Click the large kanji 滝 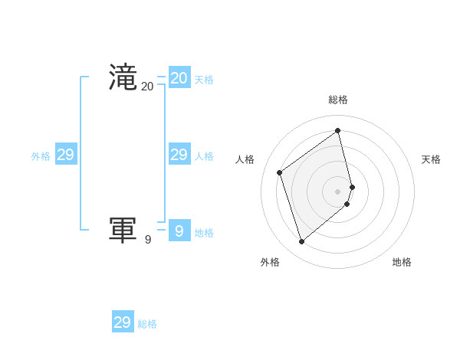click(x=123, y=78)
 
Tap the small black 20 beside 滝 click(x=147, y=87)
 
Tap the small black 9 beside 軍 click(x=148, y=240)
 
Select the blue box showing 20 click(x=179, y=78)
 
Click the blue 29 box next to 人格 click(x=179, y=155)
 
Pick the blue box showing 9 click(x=179, y=231)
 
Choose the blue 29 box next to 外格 click(x=66, y=155)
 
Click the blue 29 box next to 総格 click(x=123, y=322)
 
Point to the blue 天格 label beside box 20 click(x=204, y=80)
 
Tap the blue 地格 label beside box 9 click(x=204, y=233)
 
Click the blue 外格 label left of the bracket click(x=41, y=156)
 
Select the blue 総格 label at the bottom click(x=147, y=324)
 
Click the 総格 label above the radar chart click(x=338, y=100)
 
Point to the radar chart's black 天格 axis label click(x=432, y=159)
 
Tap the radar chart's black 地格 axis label click(x=402, y=262)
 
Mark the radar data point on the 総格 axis click(x=338, y=130)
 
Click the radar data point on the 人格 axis click(x=280, y=172)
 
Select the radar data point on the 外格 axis click(x=301, y=242)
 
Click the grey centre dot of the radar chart click(x=338, y=191)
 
